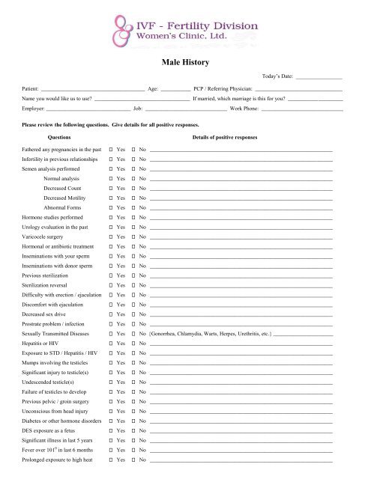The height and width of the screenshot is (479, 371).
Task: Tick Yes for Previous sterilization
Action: click(111, 275)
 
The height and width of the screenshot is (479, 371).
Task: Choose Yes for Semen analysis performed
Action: click(111, 169)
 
